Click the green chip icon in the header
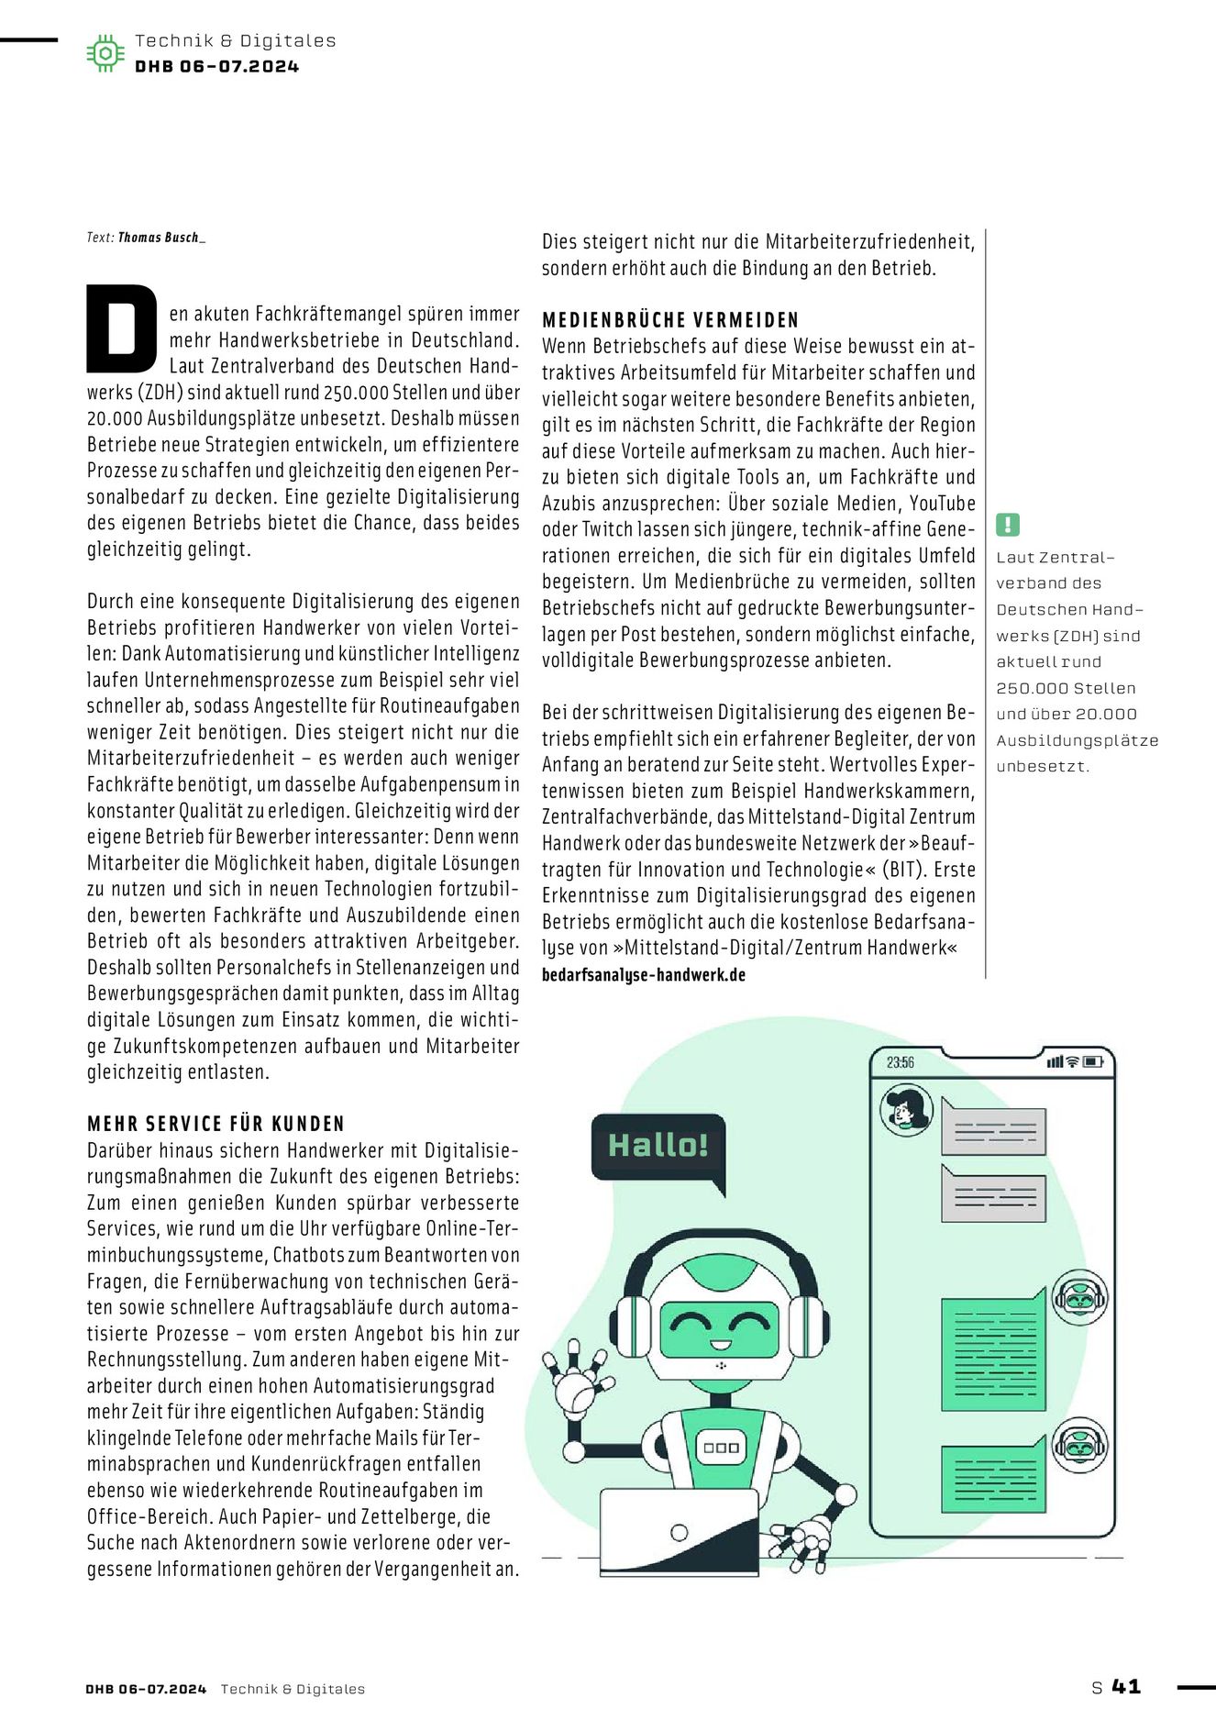[105, 53]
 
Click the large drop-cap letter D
[122, 328]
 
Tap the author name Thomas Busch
[160, 238]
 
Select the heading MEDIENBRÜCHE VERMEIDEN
[670, 320]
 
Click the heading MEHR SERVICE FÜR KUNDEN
[216, 1124]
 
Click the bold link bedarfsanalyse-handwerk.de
[643, 974]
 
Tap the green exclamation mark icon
[1007, 525]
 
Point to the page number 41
[1126, 1686]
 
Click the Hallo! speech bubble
[658, 1147]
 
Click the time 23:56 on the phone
[900, 1062]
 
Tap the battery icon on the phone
[1093, 1062]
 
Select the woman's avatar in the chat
[906, 1110]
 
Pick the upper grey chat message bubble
[994, 1129]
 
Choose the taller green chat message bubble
[993, 1351]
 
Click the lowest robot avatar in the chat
[1078, 1446]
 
